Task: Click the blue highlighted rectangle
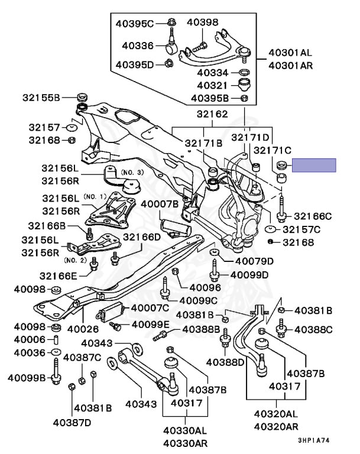point(314,165)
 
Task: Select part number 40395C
point(134,24)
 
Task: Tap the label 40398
point(203,22)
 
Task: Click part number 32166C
point(313,216)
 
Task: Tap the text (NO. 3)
point(132,172)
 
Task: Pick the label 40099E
point(150,325)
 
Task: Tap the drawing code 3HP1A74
point(314,440)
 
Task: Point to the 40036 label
point(29,352)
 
